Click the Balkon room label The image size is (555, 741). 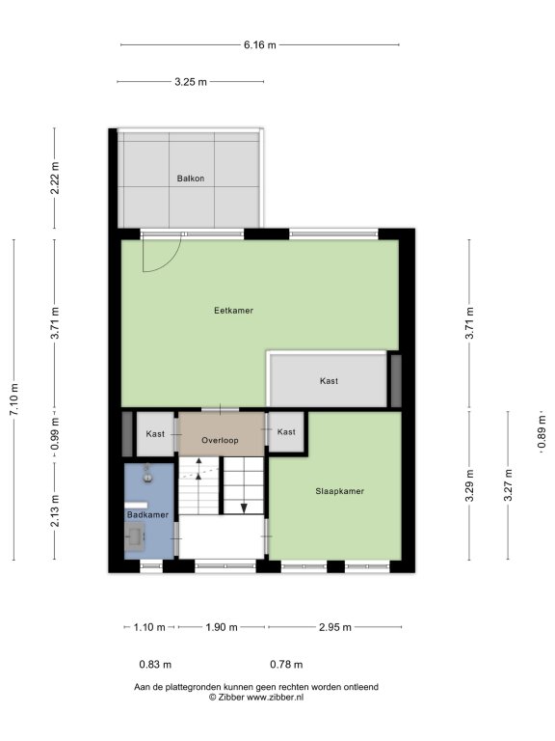coord(191,178)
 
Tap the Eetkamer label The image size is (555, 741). coord(233,311)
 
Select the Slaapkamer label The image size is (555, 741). coord(340,491)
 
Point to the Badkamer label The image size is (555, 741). coord(147,514)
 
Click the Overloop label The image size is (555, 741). coord(220,440)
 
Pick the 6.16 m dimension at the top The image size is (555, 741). coord(260,45)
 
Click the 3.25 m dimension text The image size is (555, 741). coord(191,82)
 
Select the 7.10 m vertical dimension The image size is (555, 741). coord(14,399)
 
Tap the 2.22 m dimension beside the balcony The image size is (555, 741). coord(55,178)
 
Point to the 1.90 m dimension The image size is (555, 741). coord(222,627)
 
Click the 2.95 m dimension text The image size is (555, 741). coord(335,627)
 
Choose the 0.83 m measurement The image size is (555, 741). coord(155,665)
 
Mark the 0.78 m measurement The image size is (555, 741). coord(286,665)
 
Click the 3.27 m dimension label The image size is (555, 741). coord(509,485)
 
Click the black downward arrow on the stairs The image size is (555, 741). coord(244,508)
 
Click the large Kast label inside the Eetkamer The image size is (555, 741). coord(329,381)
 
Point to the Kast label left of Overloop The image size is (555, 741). coord(155,434)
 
